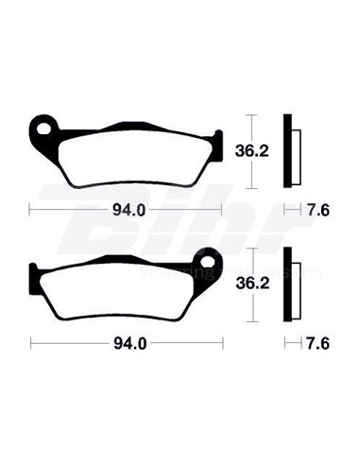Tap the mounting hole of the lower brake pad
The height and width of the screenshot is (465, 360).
(x=210, y=259)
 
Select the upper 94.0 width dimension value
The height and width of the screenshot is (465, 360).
(x=126, y=210)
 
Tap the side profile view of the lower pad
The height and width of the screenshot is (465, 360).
(x=292, y=284)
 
